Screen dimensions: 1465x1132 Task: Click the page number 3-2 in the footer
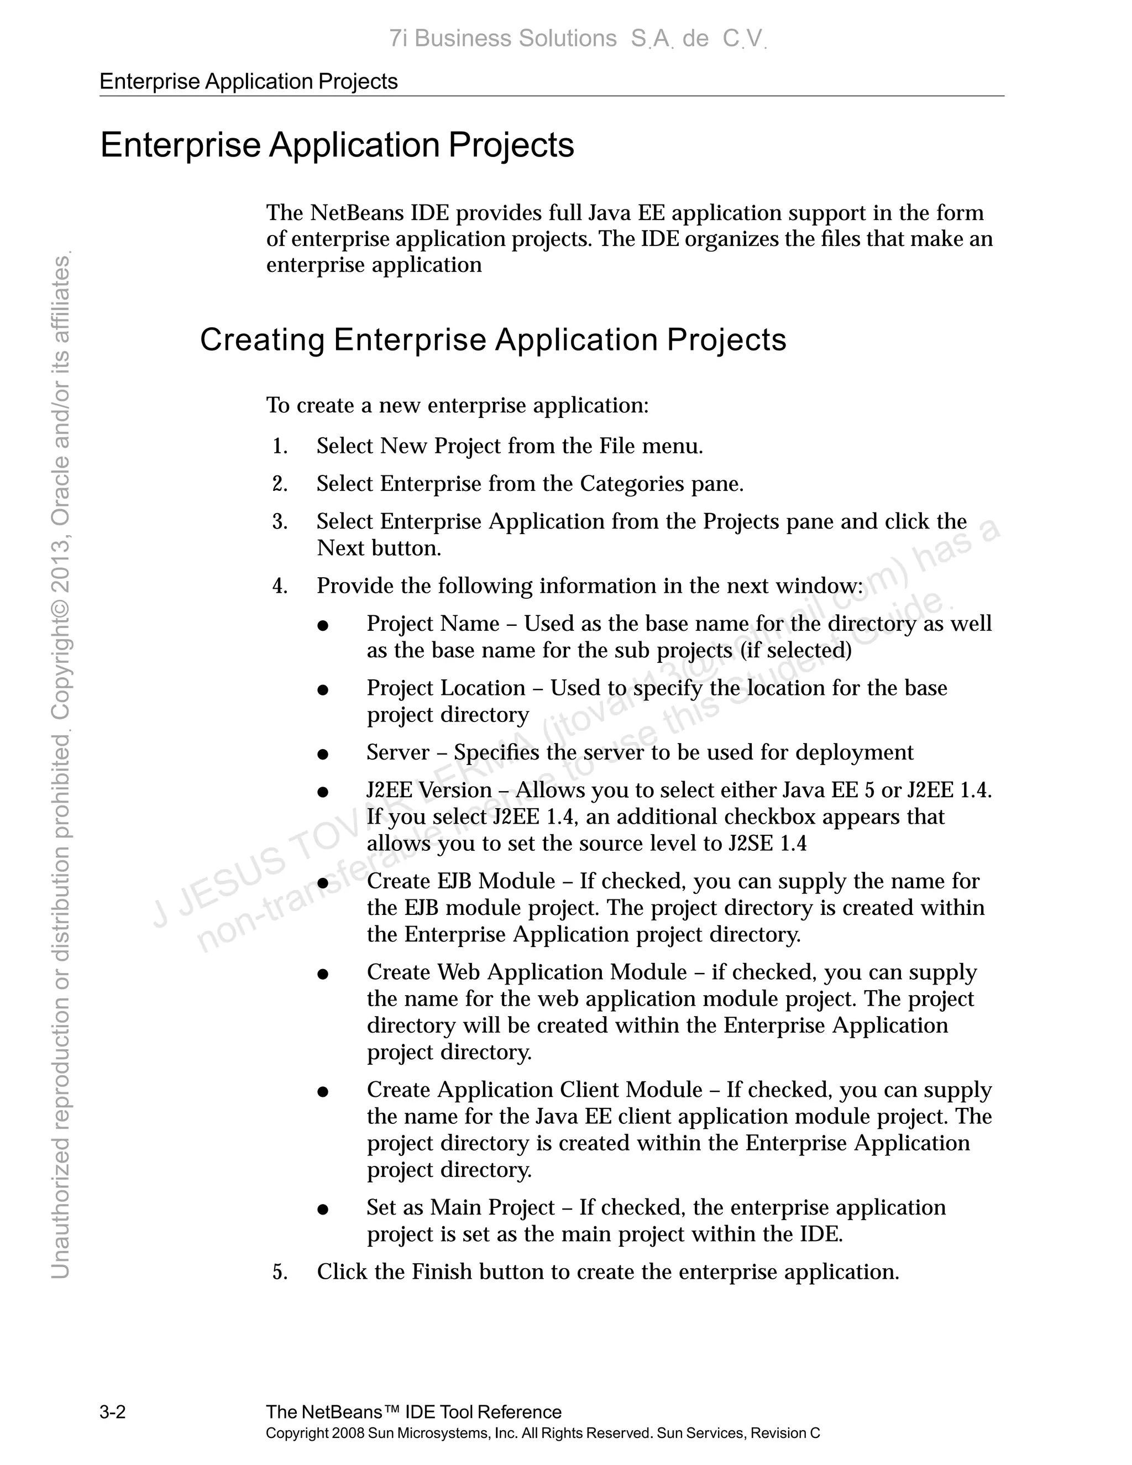coord(113,1412)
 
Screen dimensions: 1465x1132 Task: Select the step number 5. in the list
coord(280,1272)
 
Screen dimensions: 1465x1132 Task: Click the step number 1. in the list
coord(280,446)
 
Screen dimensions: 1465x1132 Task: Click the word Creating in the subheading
coord(261,340)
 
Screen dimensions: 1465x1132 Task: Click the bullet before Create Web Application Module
coord(323,975)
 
